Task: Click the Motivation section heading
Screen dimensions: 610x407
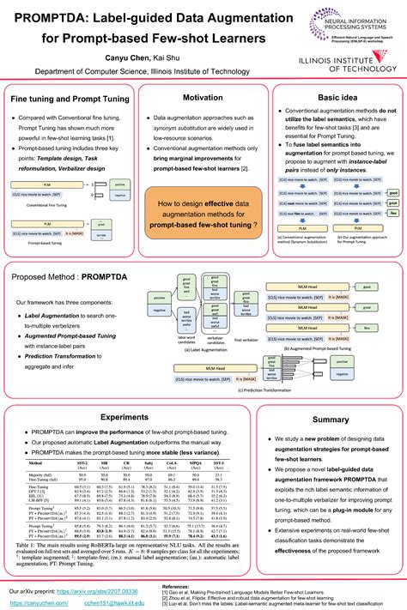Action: (x=203, y=99)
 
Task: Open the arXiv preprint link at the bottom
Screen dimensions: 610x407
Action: (x=100, y=568)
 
